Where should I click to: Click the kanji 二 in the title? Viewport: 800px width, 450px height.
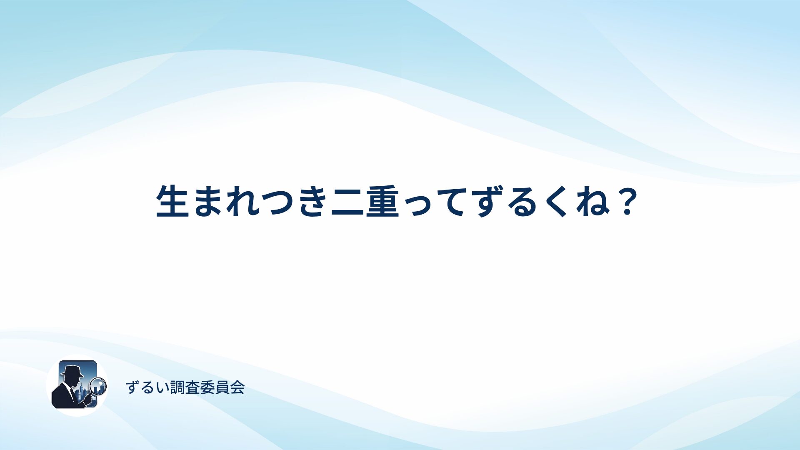point(347,202)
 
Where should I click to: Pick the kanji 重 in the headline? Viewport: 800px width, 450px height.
point(382,201)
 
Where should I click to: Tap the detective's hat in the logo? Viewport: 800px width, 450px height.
point(72,371)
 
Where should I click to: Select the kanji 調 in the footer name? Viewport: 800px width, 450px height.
point(178,387)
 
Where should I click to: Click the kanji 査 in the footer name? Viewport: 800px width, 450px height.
point(192,387)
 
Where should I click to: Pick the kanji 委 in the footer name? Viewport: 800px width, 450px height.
point(207,387)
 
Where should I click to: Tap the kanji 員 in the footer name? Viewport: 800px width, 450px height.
point(222,387)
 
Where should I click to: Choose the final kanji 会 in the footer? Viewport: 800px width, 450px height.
point(237,387)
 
